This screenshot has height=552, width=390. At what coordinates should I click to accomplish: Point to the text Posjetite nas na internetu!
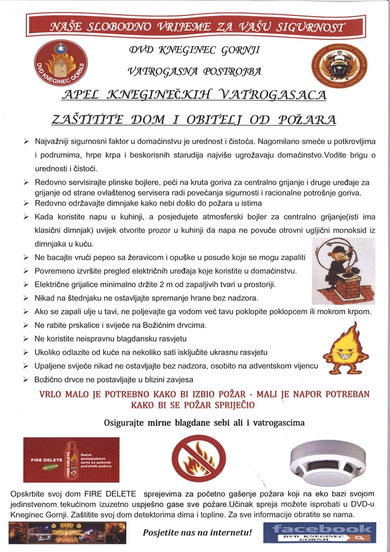[x=197, y=532]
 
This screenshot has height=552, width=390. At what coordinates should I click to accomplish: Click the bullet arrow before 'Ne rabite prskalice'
[x=26, y=325]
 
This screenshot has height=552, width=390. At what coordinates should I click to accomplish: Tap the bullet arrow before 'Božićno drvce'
[x=26, y=380]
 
